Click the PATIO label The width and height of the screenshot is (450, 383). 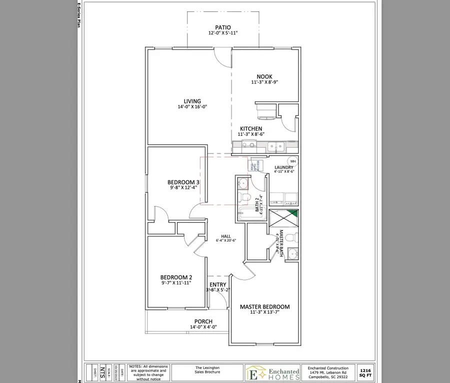(x=222, y=27)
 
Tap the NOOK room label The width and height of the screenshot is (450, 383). (x=264, y=76)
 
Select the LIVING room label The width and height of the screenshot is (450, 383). (x=192, y=101)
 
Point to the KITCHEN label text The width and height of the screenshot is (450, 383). (x=251, y=128)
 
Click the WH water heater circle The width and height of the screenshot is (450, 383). (x=293, y=161)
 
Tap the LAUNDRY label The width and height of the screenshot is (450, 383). (x=283, y=167)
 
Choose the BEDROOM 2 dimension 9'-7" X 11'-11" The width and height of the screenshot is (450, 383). (x=176, y=283)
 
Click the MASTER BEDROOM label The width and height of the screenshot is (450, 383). (x=264, y=306)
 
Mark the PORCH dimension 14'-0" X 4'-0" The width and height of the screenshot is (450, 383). (x=203, y=327)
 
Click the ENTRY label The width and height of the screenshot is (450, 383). (x=217, y=284)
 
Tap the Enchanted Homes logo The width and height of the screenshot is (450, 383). (x=272, y=372)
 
